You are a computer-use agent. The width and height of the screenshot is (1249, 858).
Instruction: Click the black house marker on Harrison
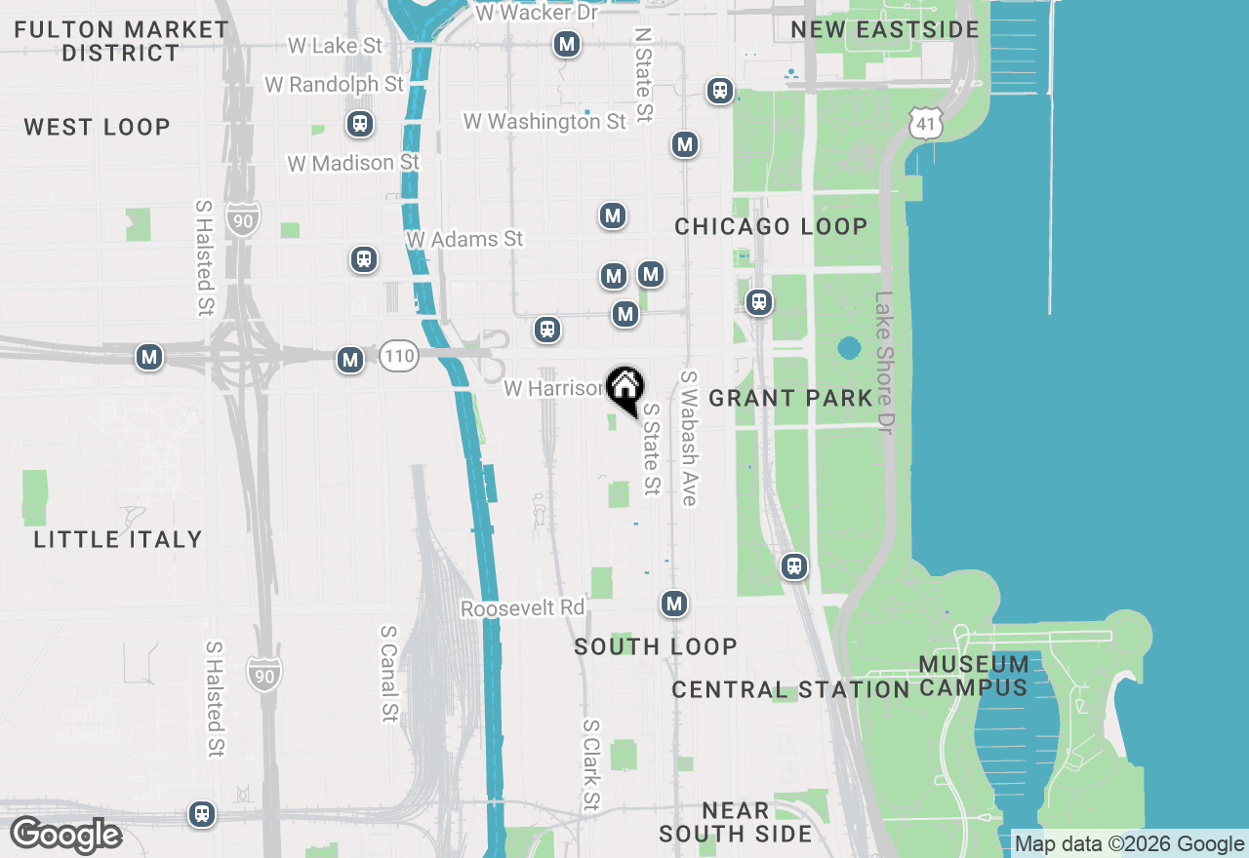tap(624, 387)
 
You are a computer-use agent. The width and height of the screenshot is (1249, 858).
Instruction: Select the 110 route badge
tap(399, 356)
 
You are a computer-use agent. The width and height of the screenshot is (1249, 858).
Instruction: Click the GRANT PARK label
tap(790, 398)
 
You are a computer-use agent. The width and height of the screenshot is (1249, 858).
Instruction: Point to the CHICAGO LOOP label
tap(771, 226)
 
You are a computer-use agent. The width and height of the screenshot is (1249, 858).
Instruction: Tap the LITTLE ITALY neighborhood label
tap(118, 539)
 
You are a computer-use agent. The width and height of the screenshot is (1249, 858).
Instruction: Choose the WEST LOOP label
tap(97, 127)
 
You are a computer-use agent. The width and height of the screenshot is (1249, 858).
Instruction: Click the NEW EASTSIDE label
tap(885, 29)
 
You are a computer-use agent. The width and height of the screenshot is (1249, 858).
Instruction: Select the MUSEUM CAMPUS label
tap(974, 676)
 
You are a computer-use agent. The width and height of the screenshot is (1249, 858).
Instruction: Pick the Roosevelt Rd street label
tap(522, 608)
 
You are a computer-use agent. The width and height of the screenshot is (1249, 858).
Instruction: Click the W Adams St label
tap(465, 239)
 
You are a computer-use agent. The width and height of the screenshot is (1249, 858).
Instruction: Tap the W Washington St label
tap(544, 122)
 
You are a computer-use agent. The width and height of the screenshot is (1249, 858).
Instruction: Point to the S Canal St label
tap(389, 673)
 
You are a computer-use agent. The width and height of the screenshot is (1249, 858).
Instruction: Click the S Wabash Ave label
tap(690, 438)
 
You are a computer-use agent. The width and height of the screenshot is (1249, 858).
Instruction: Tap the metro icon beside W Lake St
tap(566, 44)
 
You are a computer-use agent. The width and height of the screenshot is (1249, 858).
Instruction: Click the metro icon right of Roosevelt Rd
tap(673, 604)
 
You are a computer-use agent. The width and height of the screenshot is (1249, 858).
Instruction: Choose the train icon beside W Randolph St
tap(360, 124)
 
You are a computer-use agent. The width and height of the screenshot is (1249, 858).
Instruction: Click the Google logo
tap(65, 836)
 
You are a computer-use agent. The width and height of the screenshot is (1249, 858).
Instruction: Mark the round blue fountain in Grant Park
tap(849, 348)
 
